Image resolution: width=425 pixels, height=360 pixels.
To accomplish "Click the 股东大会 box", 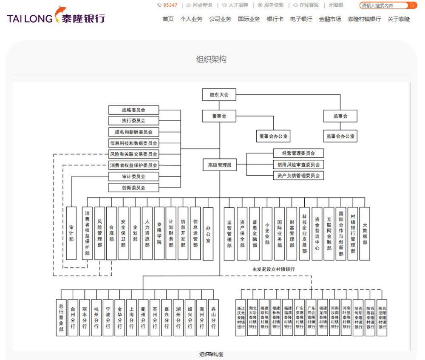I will (219, 95).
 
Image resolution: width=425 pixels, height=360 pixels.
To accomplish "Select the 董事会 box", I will (219, 116).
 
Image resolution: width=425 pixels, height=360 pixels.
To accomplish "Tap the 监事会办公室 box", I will (340, 136).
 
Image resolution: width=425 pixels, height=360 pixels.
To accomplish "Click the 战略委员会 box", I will (133, 110).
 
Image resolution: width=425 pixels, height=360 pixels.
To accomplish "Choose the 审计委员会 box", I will (133, 176).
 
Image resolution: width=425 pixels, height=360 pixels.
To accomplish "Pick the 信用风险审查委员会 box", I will (298, 164).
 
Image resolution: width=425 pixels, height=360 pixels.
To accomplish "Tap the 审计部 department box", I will (71, 233).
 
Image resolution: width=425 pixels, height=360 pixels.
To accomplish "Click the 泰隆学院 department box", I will (159, 233).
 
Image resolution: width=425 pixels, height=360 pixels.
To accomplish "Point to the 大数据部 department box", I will (365, 233).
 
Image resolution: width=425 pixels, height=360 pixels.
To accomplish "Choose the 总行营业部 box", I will (61, 317).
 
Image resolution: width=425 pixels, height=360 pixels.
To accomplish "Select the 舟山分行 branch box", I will (213, 317).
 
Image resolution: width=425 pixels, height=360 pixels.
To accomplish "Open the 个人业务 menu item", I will (191, 19).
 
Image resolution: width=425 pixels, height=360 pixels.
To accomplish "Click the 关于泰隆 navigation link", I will (398, 19).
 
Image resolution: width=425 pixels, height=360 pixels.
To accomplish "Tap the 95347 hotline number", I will (170, 6).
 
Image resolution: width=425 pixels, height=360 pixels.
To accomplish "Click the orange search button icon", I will (412, 6).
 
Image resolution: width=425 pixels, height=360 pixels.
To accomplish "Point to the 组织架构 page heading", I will (211, 60).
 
